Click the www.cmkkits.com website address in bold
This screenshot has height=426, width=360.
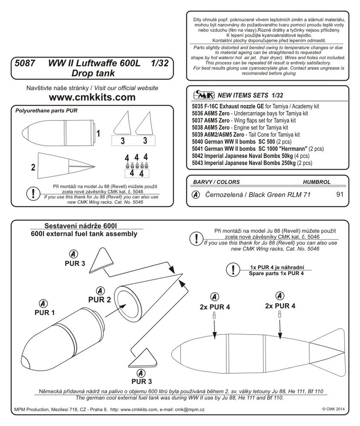point(92,97)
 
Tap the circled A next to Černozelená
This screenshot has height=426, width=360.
point(195,195)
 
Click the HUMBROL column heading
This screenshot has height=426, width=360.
point(316,182)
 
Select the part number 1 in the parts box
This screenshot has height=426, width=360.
point(98,134)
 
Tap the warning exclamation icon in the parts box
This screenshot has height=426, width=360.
point(34,193)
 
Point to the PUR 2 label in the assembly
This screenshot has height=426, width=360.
point(100,299)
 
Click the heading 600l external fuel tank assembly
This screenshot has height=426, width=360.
point(84,234)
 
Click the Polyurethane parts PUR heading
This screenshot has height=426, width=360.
point(46,110)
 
